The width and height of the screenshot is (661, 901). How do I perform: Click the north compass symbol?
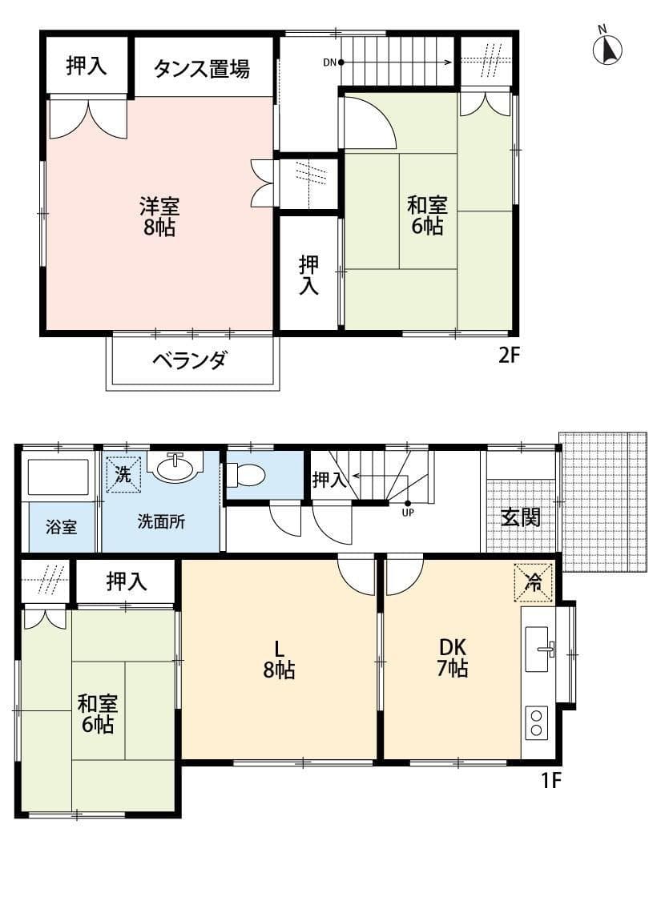click(607, 48)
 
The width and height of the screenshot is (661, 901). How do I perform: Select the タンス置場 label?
click(201, 68)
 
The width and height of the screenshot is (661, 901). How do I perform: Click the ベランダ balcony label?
click(189, 360)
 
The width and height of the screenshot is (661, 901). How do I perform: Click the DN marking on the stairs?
click(330, 62)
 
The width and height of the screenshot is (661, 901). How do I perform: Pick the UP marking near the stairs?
click(408, 513)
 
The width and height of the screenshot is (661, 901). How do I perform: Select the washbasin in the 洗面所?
click(176, 468)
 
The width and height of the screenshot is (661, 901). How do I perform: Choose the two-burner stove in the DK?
click(535, 723)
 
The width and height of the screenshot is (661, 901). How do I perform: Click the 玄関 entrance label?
click(521, 517)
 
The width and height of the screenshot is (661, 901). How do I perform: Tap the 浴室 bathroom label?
click(61, 527)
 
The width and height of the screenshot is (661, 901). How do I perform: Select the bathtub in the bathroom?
click(58, 477)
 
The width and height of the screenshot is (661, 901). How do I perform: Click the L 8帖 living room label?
click(278, 658)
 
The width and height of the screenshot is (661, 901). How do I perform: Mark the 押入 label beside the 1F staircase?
click(328, 480)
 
